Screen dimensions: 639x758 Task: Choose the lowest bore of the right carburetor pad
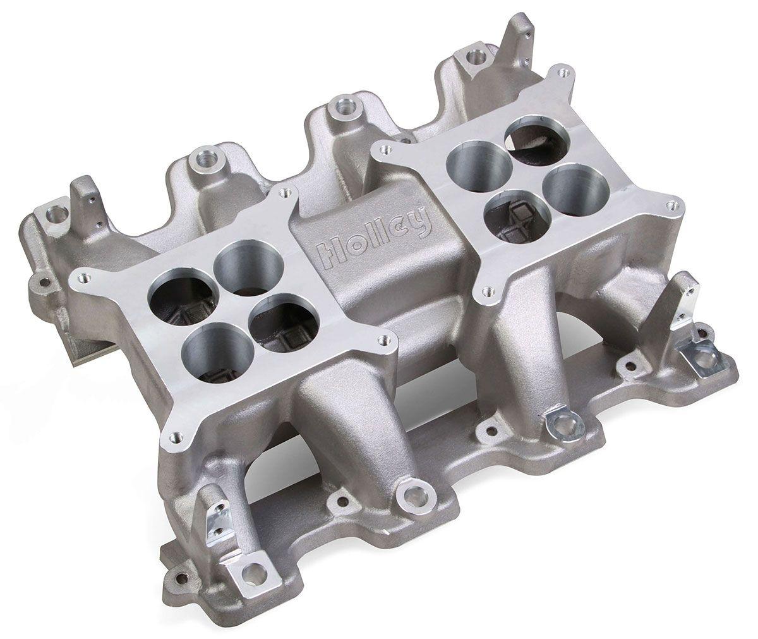(507, 212)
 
